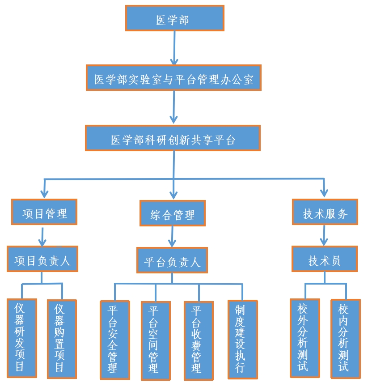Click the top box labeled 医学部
coord(174,18)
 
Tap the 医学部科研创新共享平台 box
coord(173,138)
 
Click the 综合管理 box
coord(173,213)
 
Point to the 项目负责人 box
coord(42,259)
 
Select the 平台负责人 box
coord(172,260)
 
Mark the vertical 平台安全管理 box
coord(115,339)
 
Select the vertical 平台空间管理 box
coord(156,340)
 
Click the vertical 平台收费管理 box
coord(199,340)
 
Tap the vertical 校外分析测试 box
coord(305,337)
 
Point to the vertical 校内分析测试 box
coord(345,338)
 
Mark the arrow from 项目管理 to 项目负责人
coord(42,235)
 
